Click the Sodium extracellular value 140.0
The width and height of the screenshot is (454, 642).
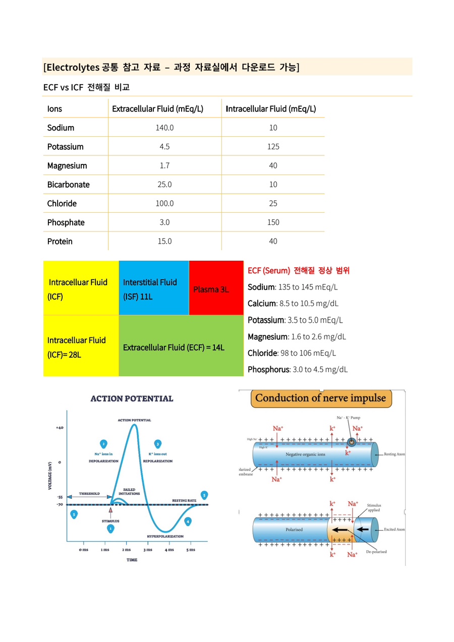[164, 128]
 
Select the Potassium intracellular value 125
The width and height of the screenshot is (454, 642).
[273, 147]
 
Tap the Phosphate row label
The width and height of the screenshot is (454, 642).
[66, 222]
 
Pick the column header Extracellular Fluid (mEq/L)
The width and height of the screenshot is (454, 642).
[157, 109]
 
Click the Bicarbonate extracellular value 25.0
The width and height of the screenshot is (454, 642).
[164, 185]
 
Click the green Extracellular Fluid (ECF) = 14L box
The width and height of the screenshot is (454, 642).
[174, 347]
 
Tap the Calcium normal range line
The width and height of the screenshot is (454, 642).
[293, 304]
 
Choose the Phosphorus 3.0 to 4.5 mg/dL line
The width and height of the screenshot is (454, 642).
[298, 370]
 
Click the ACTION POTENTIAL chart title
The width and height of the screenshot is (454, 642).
[132, 398]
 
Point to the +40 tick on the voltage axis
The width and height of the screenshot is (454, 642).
[60, 428]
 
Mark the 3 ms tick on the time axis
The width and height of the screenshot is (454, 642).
[148, 550]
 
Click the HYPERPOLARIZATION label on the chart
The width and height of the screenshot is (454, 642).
[165, 536]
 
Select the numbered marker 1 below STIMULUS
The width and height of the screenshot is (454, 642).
[110, 529]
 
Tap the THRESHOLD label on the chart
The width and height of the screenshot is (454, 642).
[89, 494]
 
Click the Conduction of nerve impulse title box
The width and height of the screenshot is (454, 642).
[321, 398]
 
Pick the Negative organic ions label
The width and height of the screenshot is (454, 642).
[306, 454]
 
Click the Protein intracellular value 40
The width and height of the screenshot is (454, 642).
[273, 242]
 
